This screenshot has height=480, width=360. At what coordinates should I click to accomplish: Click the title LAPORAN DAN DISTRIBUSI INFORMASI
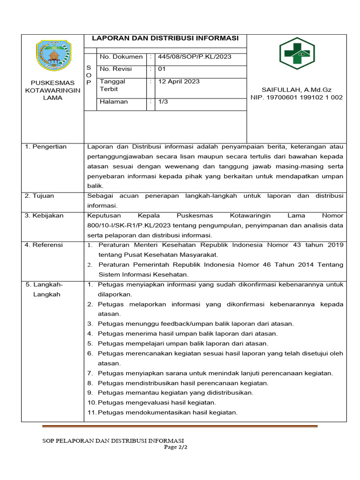(x=165, y=38)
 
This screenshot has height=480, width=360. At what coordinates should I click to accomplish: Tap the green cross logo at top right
(x=297, y=53)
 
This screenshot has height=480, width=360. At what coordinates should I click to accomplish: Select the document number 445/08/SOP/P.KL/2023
(x=195, y=57)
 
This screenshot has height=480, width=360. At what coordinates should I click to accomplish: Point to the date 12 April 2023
(x=179, y=82)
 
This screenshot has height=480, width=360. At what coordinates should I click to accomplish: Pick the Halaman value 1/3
(x=163, y=102)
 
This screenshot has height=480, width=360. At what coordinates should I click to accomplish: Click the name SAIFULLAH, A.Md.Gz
(x=296, y=90)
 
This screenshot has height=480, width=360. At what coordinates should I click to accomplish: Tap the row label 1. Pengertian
(x=46, y=147)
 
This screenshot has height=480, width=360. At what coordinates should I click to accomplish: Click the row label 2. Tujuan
(x=40, y=195)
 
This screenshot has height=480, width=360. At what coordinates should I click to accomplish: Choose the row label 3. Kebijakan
(x=45, y=216)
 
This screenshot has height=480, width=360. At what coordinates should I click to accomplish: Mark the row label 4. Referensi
(x=44, y=245)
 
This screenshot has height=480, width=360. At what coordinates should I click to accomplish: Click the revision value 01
(x=162, y=69)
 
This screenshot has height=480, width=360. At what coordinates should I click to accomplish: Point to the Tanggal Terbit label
(x=112, y=85)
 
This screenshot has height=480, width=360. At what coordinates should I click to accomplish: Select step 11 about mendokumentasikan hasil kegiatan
(x=162, y=412)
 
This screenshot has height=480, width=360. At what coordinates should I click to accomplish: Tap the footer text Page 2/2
(x=175, y=447)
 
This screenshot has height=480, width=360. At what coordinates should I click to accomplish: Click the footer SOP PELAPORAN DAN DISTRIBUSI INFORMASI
(x=113, y=441)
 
